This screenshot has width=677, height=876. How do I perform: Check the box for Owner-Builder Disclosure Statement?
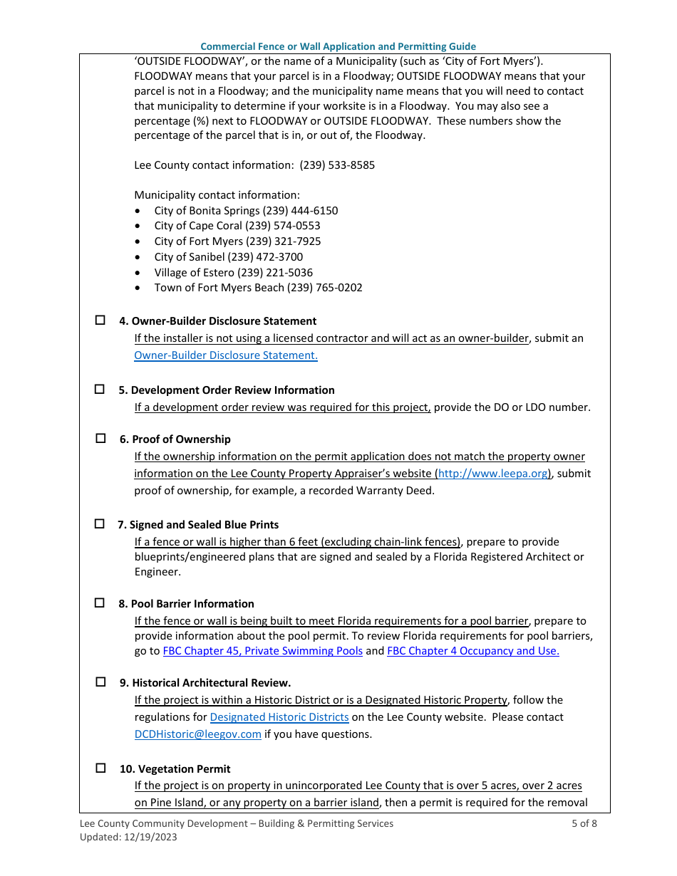100,320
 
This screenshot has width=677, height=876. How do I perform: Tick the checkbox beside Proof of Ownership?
100,439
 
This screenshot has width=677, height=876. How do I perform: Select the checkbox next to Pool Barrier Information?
100,603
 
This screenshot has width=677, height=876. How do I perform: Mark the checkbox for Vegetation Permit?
100,768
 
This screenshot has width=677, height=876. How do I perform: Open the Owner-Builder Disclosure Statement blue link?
226,355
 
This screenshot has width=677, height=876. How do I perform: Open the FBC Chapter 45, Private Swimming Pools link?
263,651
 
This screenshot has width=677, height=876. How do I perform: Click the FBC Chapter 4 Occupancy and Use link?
472,651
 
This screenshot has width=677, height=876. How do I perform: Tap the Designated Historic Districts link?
279,717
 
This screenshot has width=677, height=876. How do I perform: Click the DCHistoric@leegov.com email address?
198,734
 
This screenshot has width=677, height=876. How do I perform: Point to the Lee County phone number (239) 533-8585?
337,165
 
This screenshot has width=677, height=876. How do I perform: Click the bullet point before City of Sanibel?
138,257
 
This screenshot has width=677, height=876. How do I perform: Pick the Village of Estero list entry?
233,273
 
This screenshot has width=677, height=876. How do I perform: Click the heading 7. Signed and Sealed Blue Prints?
198,525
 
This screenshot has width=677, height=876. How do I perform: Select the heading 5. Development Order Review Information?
226,390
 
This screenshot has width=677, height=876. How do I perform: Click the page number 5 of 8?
584,823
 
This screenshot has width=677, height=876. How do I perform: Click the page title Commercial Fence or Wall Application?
338,46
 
